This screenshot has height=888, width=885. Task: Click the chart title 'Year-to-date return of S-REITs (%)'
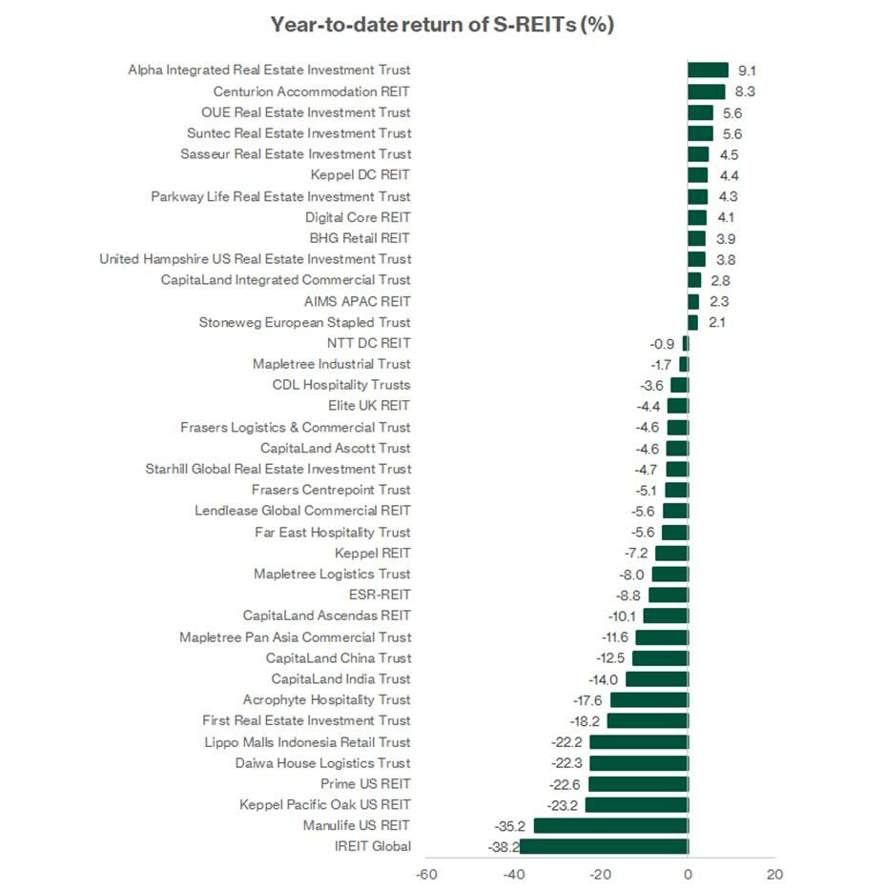coord(442,25)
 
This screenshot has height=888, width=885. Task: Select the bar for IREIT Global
coord(604,847)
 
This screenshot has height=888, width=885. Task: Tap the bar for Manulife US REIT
coord(611,826)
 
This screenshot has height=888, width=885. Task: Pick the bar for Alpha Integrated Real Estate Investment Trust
coord(709,71)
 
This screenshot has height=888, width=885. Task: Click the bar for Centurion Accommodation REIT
coord(707,91)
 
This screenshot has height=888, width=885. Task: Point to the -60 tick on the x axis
coord(425,875)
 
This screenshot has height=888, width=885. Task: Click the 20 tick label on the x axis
coord(775,875)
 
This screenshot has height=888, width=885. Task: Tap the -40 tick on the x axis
coord(514,875)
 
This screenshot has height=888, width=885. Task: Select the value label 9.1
coord(748,71)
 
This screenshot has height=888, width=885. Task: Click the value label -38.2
coord(504,847)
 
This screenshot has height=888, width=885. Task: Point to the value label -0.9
coord(662,344)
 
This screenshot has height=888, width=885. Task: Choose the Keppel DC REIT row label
coord(360,175)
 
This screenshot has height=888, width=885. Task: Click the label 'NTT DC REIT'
coord(368,343)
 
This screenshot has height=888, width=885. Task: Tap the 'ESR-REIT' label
coord(380,595)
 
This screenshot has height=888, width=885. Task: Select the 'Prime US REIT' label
coord(365,784)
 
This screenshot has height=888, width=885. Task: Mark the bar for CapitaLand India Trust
coord(657,679)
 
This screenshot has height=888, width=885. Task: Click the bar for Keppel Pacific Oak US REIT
coord(637,805)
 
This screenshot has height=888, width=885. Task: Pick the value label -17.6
coord(587,701)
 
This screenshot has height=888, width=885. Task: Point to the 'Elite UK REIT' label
coord(368,406)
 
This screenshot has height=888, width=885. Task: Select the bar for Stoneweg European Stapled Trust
coord(692,323)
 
